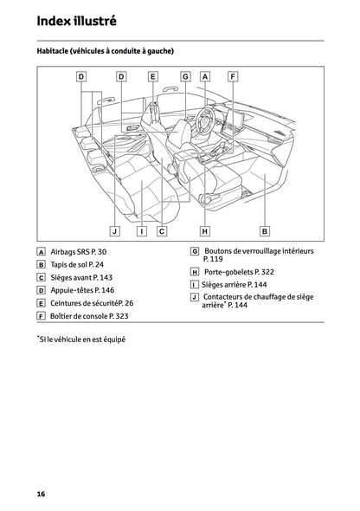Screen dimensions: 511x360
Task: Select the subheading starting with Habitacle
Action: (x=106, y=52)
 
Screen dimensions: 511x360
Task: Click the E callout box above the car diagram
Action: (x=152, y=77)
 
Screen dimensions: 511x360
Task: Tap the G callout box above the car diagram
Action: (x=185, y=77)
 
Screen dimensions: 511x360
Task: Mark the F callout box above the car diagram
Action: (x=232, y=77)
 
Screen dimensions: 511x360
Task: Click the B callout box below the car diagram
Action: (x=265, y=230)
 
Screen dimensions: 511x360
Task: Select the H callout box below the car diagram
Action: (x=205, y=230)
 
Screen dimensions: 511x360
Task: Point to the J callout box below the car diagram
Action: (x=114, y=230)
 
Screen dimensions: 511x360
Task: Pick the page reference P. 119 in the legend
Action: (x=212, y=259)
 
